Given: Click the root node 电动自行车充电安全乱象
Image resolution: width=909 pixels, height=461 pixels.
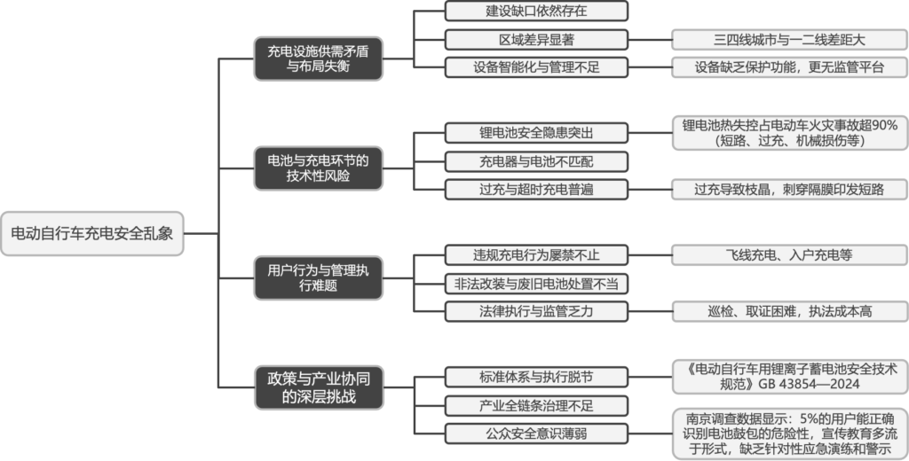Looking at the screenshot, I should coord(91,234).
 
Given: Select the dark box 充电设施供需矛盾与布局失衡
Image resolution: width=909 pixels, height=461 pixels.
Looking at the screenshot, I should coord(319,59).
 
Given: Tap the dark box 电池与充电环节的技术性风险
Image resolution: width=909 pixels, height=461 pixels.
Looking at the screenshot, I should coord(319,168).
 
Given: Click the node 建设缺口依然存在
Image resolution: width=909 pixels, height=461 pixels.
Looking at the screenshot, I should coord(536,12).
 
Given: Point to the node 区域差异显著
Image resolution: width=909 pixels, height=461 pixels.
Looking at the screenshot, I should coord(536,39).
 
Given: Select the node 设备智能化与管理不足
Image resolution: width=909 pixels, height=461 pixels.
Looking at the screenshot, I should coord(536,67).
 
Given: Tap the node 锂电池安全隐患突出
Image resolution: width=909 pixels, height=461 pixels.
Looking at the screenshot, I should coord(536,133).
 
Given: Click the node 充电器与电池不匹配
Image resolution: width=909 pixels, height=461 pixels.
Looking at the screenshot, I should coord(536,160).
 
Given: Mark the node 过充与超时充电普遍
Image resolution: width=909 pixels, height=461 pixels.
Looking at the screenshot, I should coord(536,189).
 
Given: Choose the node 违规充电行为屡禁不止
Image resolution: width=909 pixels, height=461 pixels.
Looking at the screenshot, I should coord(536,255).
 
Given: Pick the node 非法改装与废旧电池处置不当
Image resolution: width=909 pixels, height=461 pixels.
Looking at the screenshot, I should coord(536,283).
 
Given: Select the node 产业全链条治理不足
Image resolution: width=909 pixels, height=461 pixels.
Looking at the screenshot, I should coord(536,405).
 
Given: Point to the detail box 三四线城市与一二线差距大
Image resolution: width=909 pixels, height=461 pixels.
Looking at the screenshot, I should coord(789,39).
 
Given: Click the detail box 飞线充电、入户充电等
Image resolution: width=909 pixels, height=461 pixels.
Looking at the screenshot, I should coord(789,255).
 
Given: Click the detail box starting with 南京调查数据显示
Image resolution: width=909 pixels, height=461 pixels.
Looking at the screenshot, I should coord(789,433).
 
